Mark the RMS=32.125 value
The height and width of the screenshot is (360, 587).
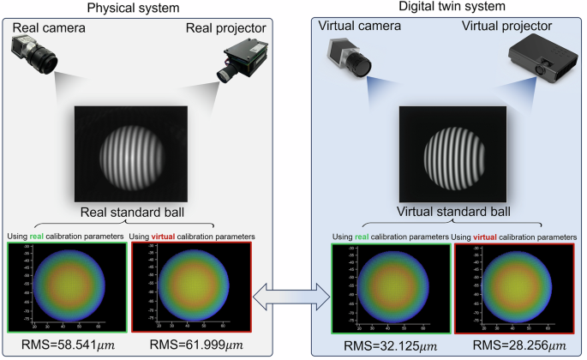pyautogui.click(x=383, y=347)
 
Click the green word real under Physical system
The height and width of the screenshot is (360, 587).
pyautogui.click(x=39, y=237)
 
